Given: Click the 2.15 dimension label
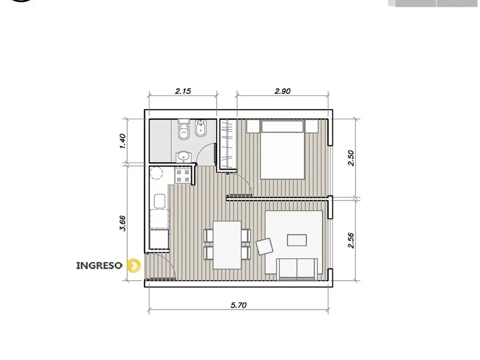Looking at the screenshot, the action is pos(183,91).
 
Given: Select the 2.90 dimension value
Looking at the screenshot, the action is pos(282,91).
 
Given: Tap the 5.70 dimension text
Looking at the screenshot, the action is pos(239,305).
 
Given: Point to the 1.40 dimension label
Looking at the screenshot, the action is pos(122,141).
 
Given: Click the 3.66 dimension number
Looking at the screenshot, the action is pos(122,224).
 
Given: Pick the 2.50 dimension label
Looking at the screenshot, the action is pos(351,158).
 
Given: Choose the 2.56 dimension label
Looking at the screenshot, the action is pos(351,240).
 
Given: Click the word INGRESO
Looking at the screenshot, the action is pos(99,265).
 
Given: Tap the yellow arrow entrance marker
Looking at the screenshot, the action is pos(134,265).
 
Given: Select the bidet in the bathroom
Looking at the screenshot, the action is pos(201,129).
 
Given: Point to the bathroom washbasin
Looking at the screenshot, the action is pos(183,157).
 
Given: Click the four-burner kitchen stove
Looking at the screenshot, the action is pos(183,176).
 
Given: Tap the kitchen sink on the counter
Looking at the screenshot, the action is pos(159,201).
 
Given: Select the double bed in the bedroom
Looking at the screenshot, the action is pos(283,150).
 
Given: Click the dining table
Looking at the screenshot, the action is pos(227,245).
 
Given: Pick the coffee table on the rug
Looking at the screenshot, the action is pos(297,240).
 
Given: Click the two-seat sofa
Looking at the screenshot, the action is pos(297,269).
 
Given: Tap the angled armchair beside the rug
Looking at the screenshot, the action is pos(264,247).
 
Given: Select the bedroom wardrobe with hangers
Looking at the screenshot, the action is pos(229,144).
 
